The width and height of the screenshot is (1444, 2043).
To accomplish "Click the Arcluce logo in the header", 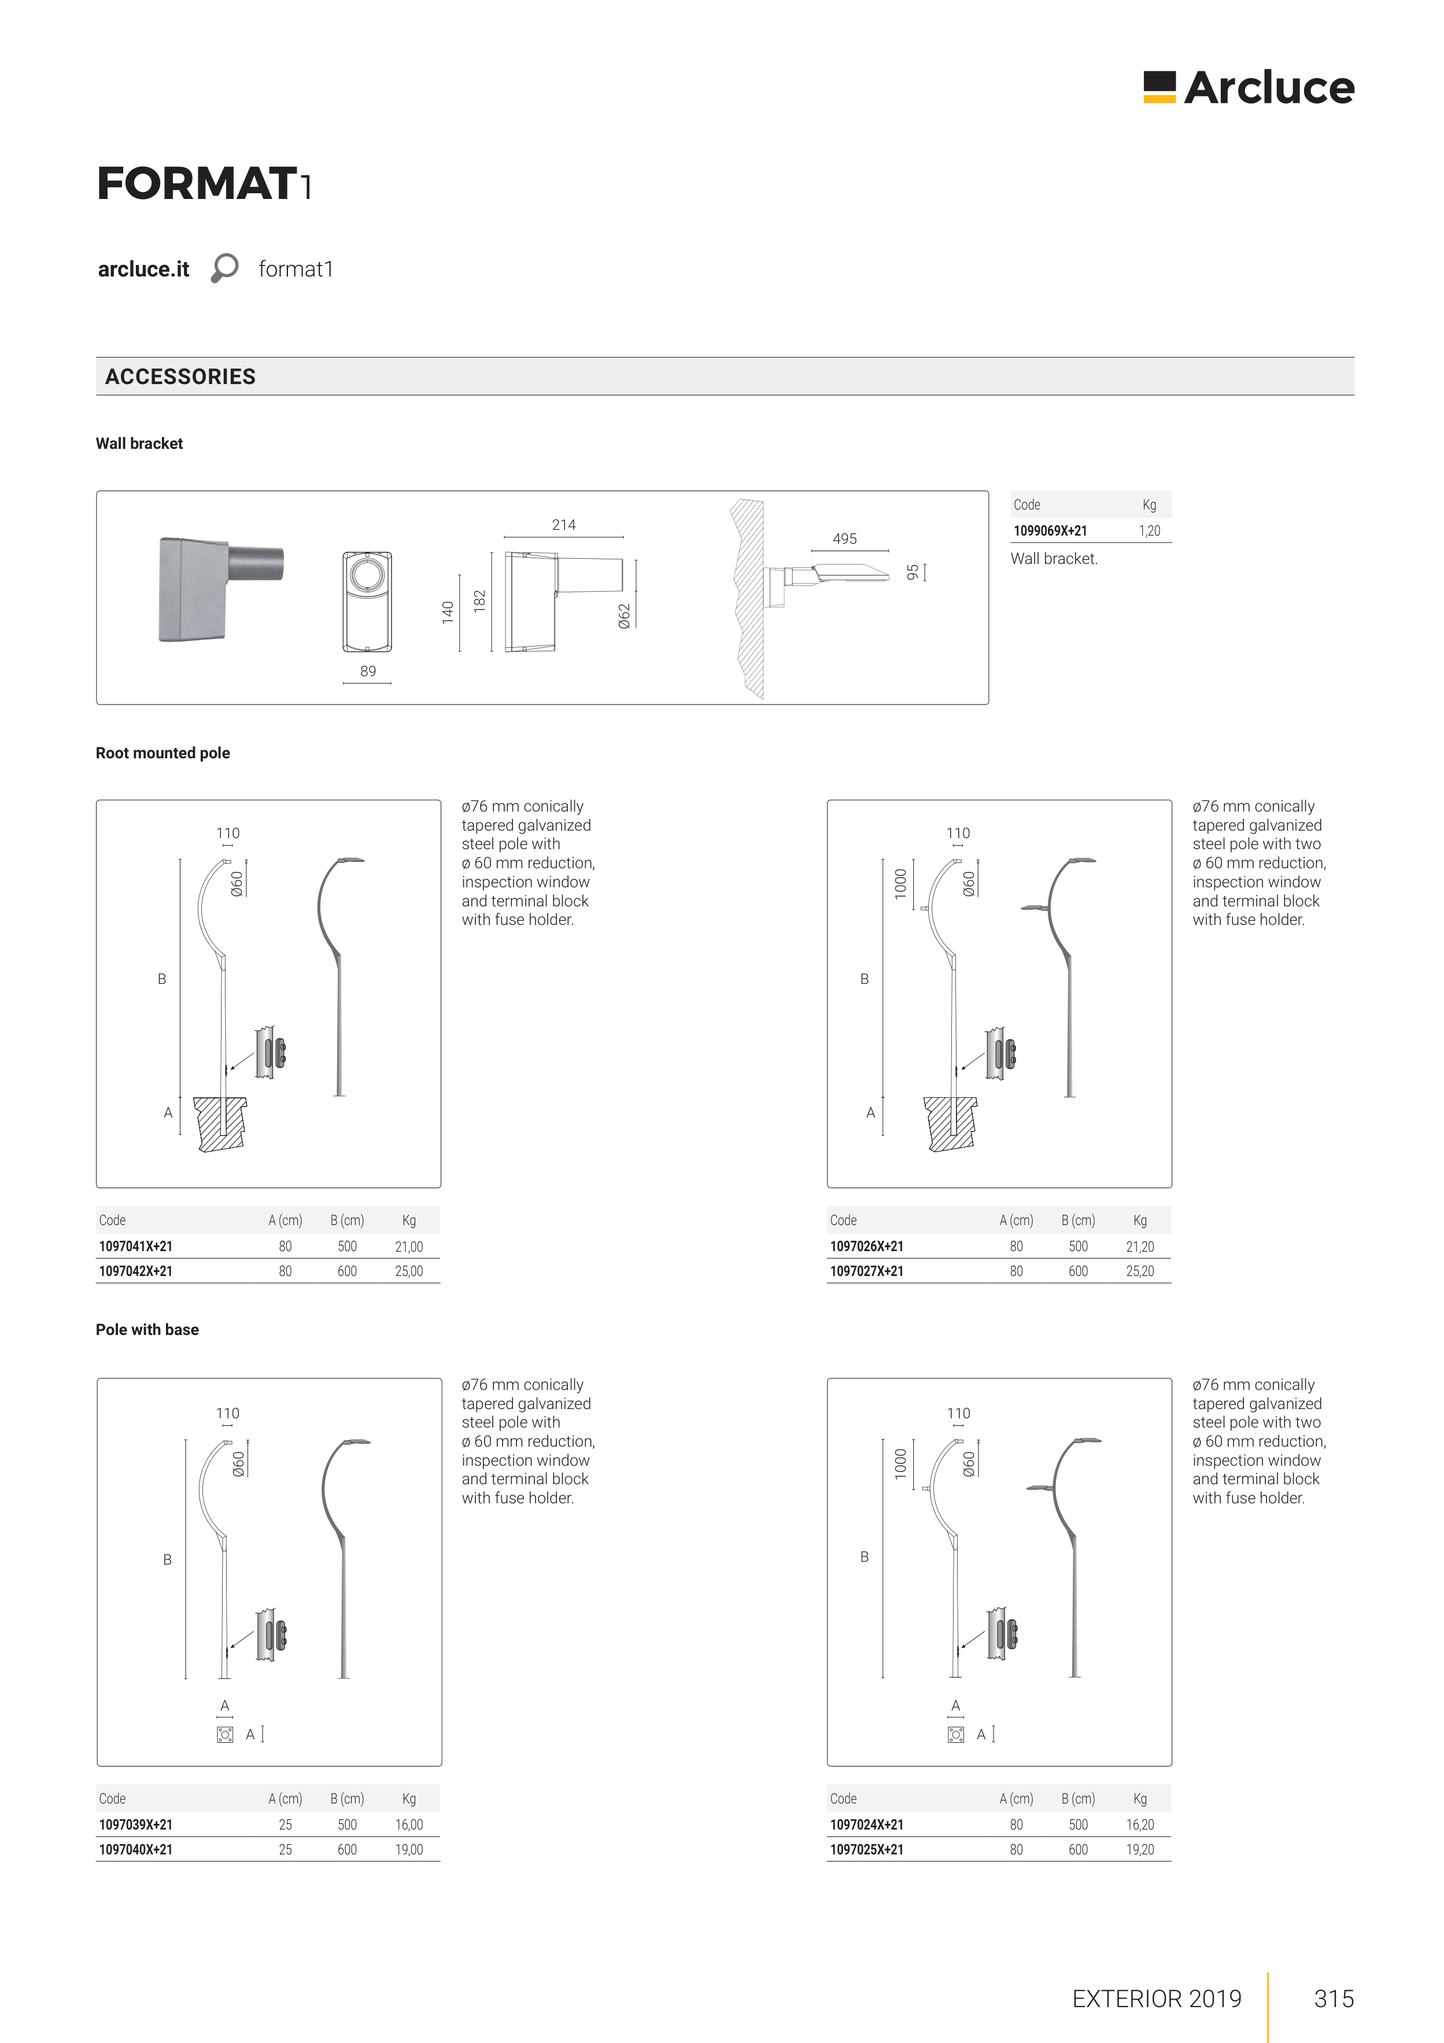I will click(x=1249, y=87).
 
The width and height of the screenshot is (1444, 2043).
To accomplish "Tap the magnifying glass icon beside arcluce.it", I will click(x=224, y=268).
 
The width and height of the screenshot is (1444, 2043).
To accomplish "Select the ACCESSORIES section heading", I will click(x=180, y=377).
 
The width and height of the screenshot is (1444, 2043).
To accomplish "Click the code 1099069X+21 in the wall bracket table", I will click(x=1050, y=531).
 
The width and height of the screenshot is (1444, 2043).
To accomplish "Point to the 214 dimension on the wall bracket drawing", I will click(x=563, y=525).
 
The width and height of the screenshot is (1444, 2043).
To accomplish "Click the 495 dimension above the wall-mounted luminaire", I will click(x=844, y=539).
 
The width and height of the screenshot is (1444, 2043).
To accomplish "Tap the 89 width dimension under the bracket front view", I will click(x=367, y=671).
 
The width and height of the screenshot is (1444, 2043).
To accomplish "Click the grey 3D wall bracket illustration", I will click(x=220, y=588).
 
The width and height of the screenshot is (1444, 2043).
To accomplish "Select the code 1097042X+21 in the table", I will click(x=136, y=1271).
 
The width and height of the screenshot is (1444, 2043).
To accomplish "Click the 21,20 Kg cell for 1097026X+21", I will click(x=1140, y=1247).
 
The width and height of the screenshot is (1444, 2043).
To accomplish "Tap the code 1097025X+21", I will click(x=867, y=1849).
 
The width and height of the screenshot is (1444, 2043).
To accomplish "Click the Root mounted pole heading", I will click(x=163, y=753).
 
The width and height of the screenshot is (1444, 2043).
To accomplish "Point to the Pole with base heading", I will click(x=147, y=1329).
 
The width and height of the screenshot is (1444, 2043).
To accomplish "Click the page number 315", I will click(x=1334, y=1998).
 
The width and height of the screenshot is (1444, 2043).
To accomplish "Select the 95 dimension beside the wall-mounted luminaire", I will click(x=912, y=572).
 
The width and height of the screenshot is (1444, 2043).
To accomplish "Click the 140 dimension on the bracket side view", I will click(x=448, y=611).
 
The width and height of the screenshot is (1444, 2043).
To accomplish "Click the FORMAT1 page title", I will click(x=204, y=184).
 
